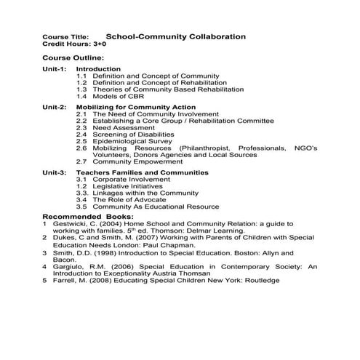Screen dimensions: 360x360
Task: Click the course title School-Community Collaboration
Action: pyautogui.click(x=175, y=36)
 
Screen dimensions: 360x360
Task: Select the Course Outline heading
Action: pyautogui.click(x=73, y=58)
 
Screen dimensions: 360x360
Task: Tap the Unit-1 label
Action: pyautogui.click(x=55, y=69)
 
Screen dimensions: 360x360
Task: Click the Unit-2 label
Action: pyautogui.click(x=55, y=107)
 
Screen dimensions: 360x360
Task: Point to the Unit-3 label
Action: pyautogui.click(x=55, y=172)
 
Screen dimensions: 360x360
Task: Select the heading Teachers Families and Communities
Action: pyautogui.click(x=142, y=172)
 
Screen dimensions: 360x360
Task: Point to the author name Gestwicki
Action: pyautogui.click(x=71, y=225)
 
